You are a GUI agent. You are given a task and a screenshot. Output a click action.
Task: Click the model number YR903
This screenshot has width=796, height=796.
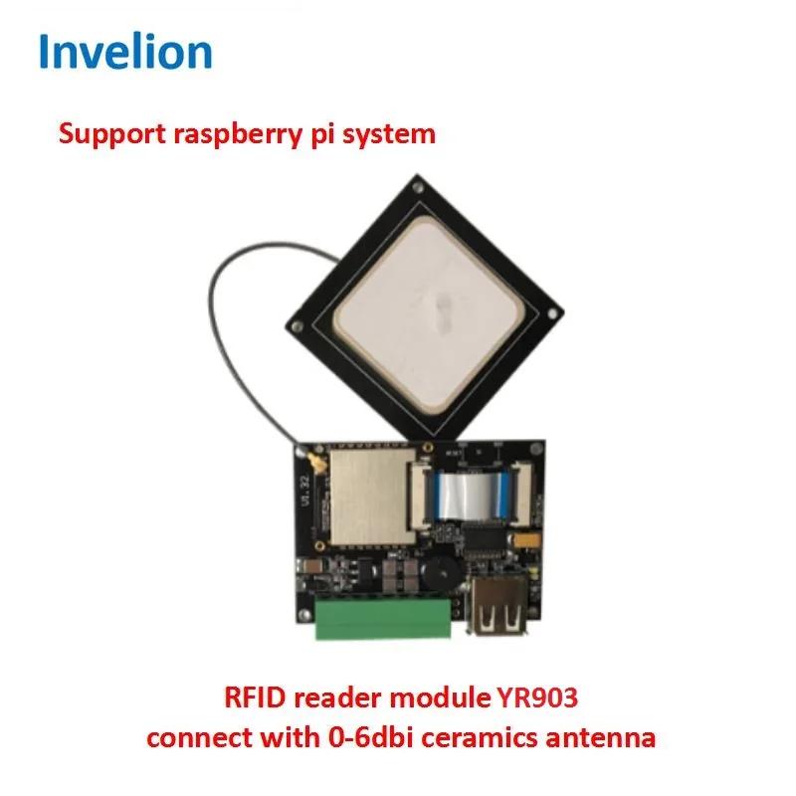537,698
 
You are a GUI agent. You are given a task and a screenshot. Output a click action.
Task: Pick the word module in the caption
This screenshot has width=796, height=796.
443,698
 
